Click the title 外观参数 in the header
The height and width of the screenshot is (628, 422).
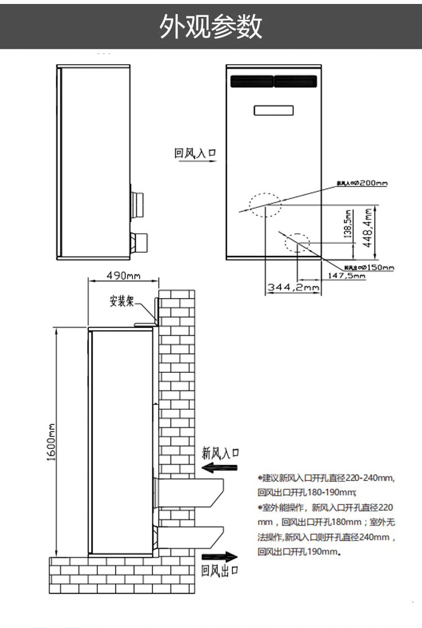(211, 26)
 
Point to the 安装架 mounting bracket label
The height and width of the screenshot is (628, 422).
(122, 301)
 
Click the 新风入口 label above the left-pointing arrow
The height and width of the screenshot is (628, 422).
(221, 453)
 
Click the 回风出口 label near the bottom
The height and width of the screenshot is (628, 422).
(220, 571)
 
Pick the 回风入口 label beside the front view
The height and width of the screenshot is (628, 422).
(195, 153)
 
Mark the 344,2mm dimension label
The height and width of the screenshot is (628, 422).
(293, 287)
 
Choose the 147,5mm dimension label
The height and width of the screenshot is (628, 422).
(347, 275)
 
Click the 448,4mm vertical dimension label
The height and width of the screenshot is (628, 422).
(369, 225)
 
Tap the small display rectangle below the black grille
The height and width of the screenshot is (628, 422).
(273, 110)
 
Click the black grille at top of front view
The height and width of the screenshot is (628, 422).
(273, 82)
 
